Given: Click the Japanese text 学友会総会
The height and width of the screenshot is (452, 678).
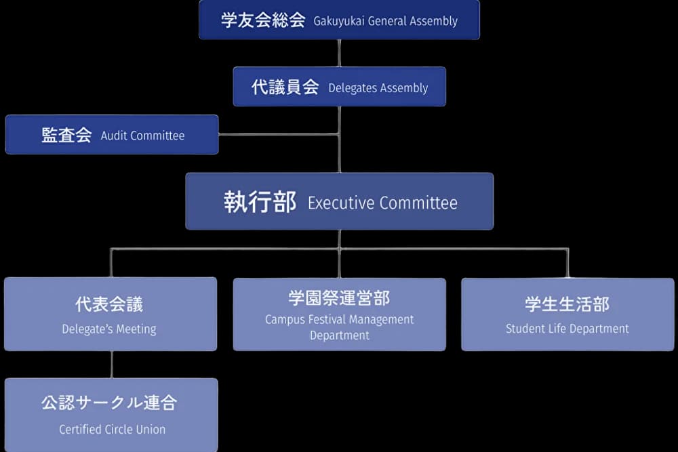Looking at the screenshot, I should click(x=263, y=20).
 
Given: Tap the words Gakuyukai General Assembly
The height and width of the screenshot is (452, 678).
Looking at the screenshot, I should click(x=385, y=21).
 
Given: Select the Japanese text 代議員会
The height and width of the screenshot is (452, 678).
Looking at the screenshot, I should click(x=285, y=87).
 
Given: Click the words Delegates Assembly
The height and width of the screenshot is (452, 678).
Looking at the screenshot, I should click(x=378, y=88).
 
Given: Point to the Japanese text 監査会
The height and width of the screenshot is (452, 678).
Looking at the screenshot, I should click(x=66, y=135).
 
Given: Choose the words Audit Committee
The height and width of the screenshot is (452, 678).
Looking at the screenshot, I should click(x=142, y=136).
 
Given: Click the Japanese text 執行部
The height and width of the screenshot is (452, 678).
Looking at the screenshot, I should click(x=260, y=202).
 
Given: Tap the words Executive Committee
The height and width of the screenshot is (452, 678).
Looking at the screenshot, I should click(x=382, y=203).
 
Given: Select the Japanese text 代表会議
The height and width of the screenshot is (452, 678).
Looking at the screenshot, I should click(x=109, y=304).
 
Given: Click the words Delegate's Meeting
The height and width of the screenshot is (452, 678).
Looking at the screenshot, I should click(x=109, y=329).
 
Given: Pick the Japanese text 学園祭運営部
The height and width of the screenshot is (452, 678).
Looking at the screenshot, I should click(x=339, y=298).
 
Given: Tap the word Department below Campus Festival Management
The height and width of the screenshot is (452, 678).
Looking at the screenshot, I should click(x=340, y=335).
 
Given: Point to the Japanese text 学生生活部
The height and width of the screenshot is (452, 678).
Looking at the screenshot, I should click(x=567, y=304).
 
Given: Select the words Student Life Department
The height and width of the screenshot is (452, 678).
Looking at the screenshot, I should click(x=567, y=329).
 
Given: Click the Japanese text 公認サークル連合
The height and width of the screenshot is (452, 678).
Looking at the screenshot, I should click(x=109, y=403).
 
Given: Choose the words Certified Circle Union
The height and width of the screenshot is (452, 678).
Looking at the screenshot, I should click(x=112, y=429).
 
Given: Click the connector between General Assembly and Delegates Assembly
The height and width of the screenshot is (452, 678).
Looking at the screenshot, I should click(x=339, y=53).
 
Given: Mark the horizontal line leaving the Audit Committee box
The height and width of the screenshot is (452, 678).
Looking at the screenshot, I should click(x=278, y=134).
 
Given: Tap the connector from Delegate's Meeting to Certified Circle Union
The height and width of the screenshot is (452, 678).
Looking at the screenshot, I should click(x=111, y=365).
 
